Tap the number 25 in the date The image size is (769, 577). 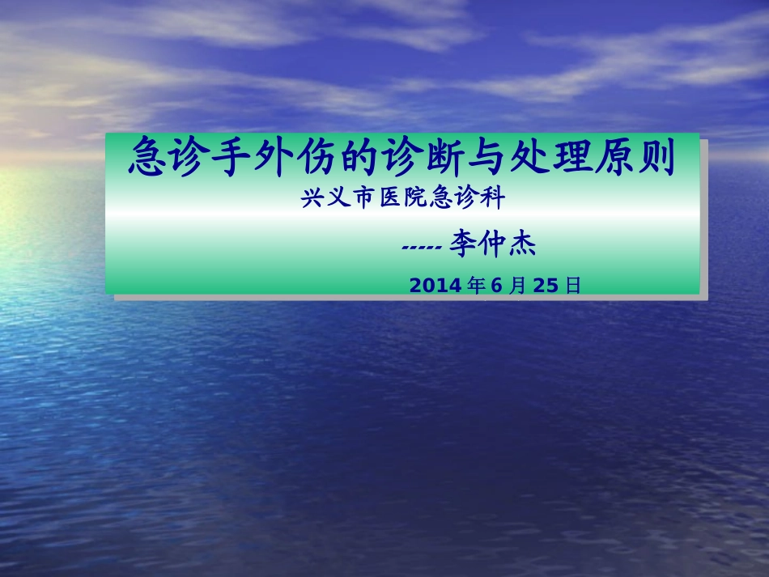[547, 286]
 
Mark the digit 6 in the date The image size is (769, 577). [498, 286]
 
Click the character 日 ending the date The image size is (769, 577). [573, 286]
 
